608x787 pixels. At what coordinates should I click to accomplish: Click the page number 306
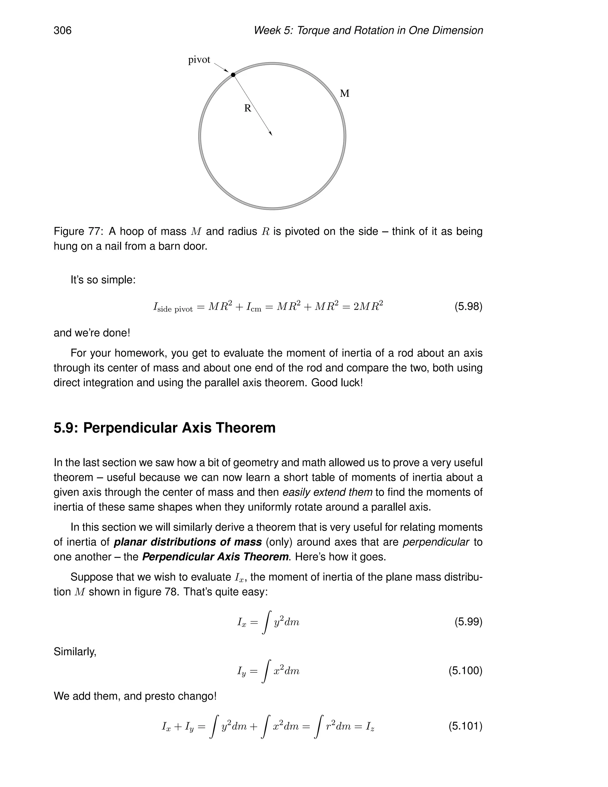point(63,30)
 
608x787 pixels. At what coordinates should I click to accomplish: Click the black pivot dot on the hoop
point(233,75)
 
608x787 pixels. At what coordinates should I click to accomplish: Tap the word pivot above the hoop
point(199,60)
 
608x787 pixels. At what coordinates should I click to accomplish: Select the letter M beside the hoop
point(345,94)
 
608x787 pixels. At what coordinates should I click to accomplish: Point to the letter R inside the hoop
point(248,108)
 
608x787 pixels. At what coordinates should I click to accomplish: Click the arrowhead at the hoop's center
point(270,133)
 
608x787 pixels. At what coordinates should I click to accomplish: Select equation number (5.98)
point(468,307)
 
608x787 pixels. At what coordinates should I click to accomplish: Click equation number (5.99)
point(468,622)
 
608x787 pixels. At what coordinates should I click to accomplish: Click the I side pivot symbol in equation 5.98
point(173,307)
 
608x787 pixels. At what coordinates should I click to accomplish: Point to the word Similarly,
point(75,652)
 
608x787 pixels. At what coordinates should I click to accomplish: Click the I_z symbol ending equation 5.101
point(370,726)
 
